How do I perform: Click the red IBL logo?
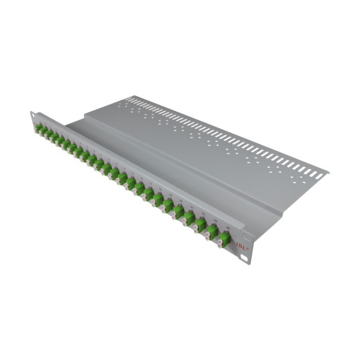tap(242, 246)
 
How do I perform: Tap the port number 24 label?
tap(228, 227)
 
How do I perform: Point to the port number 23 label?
tap(215, 221)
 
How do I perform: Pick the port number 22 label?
tap(203, 214)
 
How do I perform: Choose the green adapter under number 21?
tap(189, 218)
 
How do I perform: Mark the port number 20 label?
tap(181, 201)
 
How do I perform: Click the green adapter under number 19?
tap(168, 205)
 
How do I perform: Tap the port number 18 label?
tap(160, 189)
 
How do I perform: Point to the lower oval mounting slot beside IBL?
tap(244, 258)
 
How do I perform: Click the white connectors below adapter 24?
tap(220, 243)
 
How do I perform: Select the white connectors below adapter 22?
tap(195, 228)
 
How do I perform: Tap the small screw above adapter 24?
tap(227, 232)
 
